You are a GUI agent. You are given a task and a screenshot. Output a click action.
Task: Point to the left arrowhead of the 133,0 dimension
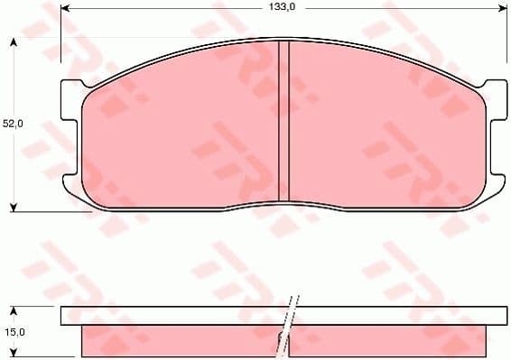[x=64, y=7]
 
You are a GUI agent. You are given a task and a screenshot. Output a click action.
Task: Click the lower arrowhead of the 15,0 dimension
[x=13, y=354]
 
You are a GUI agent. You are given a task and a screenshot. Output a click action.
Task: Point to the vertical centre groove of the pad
[x=283, y=122]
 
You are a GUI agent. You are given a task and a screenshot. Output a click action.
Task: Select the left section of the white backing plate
[x=172, y=316]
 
